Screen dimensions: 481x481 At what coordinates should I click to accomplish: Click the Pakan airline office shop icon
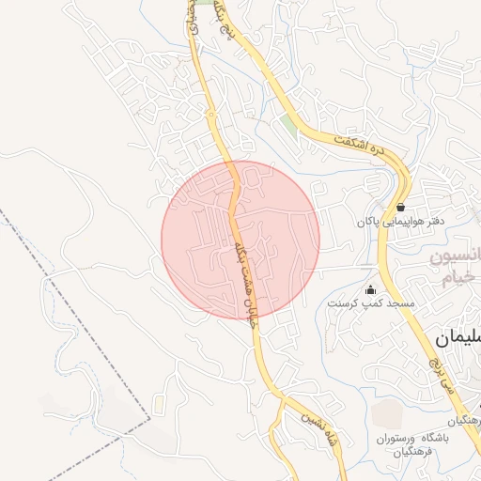401,208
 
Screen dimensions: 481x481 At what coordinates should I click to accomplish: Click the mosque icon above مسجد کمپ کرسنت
369,289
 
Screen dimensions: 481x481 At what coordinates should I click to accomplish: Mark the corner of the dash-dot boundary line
148,414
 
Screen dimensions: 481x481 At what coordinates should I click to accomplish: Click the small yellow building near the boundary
160,403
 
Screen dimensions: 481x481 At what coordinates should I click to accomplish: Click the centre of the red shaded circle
240,240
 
